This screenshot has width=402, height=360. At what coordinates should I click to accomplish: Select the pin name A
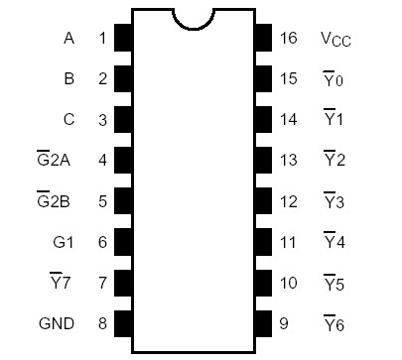coord(68,39)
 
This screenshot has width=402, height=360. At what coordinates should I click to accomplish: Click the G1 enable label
coord(62,241)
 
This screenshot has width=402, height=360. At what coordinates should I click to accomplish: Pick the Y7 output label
coord(64,282)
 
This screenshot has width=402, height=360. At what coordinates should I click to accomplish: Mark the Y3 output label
coord(334,201)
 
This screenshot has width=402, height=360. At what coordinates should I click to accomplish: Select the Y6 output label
coord(334,322)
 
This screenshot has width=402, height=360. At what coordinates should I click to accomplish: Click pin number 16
coord(289,39)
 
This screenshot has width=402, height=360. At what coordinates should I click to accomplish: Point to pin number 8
coord(101,322)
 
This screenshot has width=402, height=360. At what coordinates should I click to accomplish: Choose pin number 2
coord(101,79)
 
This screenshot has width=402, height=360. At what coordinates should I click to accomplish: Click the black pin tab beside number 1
coord(124,39)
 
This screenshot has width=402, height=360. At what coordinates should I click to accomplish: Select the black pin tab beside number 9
coord(264,322)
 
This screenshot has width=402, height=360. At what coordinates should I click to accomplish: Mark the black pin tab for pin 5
coord(124,201)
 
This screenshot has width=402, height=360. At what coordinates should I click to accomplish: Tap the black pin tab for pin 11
coord(264,241)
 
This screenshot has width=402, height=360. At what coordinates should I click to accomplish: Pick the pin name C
coord(68,120)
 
